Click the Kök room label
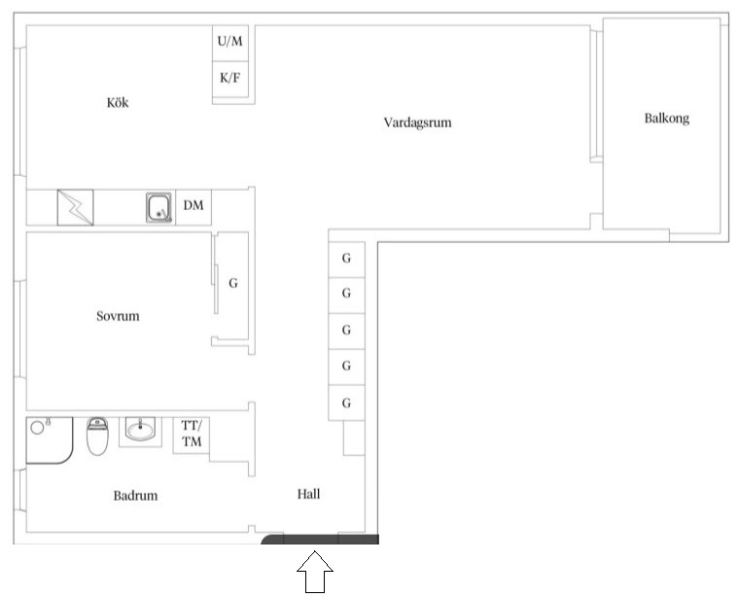118,103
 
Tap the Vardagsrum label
417,123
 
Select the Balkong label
666,119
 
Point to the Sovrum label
118,316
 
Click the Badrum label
135,495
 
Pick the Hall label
309,494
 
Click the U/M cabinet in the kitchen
230,44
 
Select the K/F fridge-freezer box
230,79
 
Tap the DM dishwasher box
193,207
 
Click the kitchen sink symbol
158,208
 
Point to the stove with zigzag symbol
75,208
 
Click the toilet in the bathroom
97,437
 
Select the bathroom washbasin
140,431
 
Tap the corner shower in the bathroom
50,440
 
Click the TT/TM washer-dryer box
192,435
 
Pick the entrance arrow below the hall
315,572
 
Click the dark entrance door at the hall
320,540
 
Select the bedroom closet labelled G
232,285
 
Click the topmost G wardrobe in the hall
346,260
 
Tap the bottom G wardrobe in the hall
346,403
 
